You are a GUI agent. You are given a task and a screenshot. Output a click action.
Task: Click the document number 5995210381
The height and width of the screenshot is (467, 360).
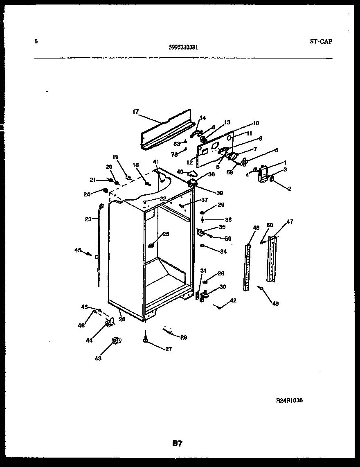coord(183,47)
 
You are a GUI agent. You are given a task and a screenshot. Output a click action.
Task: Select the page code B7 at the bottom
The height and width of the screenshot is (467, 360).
coord(177,443)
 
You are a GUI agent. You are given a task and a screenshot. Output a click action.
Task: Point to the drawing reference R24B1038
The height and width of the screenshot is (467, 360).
coord(290,401)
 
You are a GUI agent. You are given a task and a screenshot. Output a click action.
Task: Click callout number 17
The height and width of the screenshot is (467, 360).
coord(136,111)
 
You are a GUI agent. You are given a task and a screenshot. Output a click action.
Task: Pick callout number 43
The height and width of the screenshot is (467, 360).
coord(98,359)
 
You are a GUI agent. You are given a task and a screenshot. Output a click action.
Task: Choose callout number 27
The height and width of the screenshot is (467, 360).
coord(169,349)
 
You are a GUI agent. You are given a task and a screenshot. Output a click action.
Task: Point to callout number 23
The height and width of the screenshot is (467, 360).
coord(88,219)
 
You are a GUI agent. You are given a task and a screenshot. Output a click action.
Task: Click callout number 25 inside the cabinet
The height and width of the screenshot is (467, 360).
coord(166,234)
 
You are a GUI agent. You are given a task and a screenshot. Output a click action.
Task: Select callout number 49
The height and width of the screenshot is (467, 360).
coord(275,303)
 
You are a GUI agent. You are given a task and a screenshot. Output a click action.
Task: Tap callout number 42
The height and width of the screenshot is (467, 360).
coord(233,301)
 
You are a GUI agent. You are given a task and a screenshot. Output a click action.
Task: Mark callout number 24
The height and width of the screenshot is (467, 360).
coord(87,194)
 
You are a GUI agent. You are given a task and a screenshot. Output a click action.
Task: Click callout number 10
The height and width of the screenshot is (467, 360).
coord(256,123)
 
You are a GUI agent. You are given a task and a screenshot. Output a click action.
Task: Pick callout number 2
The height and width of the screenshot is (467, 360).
coord(289,189)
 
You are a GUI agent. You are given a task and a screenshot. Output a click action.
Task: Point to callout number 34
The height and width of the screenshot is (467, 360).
coord(223,252)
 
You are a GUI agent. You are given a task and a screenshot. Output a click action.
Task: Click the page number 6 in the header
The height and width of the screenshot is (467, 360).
coord(36,41)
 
